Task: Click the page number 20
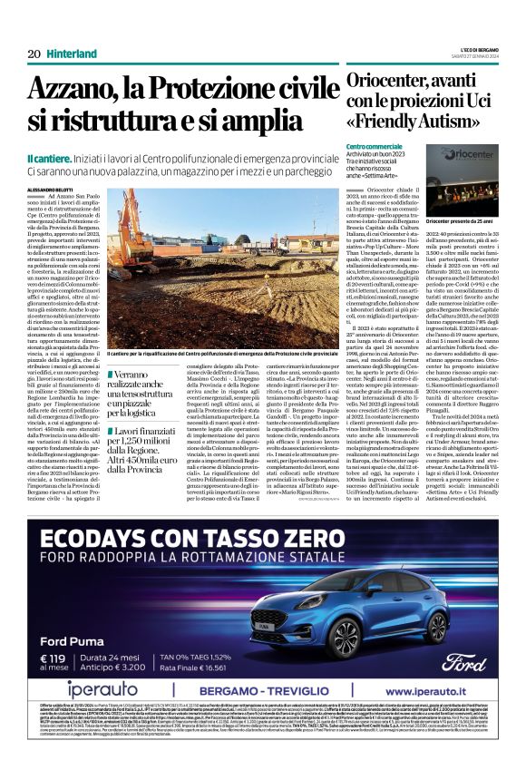(34, 53)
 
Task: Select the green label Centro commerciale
(373, 146)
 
